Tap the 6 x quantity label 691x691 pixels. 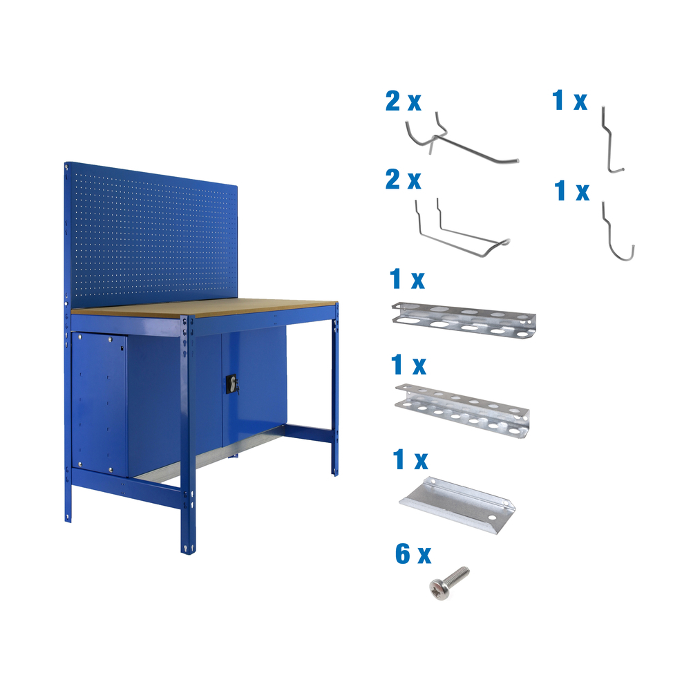413,554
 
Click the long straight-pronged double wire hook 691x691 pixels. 463,144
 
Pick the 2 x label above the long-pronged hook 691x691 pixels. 403,102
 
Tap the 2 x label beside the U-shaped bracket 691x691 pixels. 403,180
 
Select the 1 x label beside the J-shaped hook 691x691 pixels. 572,191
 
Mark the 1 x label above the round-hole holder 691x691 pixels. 408,364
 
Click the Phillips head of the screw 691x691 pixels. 437,589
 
